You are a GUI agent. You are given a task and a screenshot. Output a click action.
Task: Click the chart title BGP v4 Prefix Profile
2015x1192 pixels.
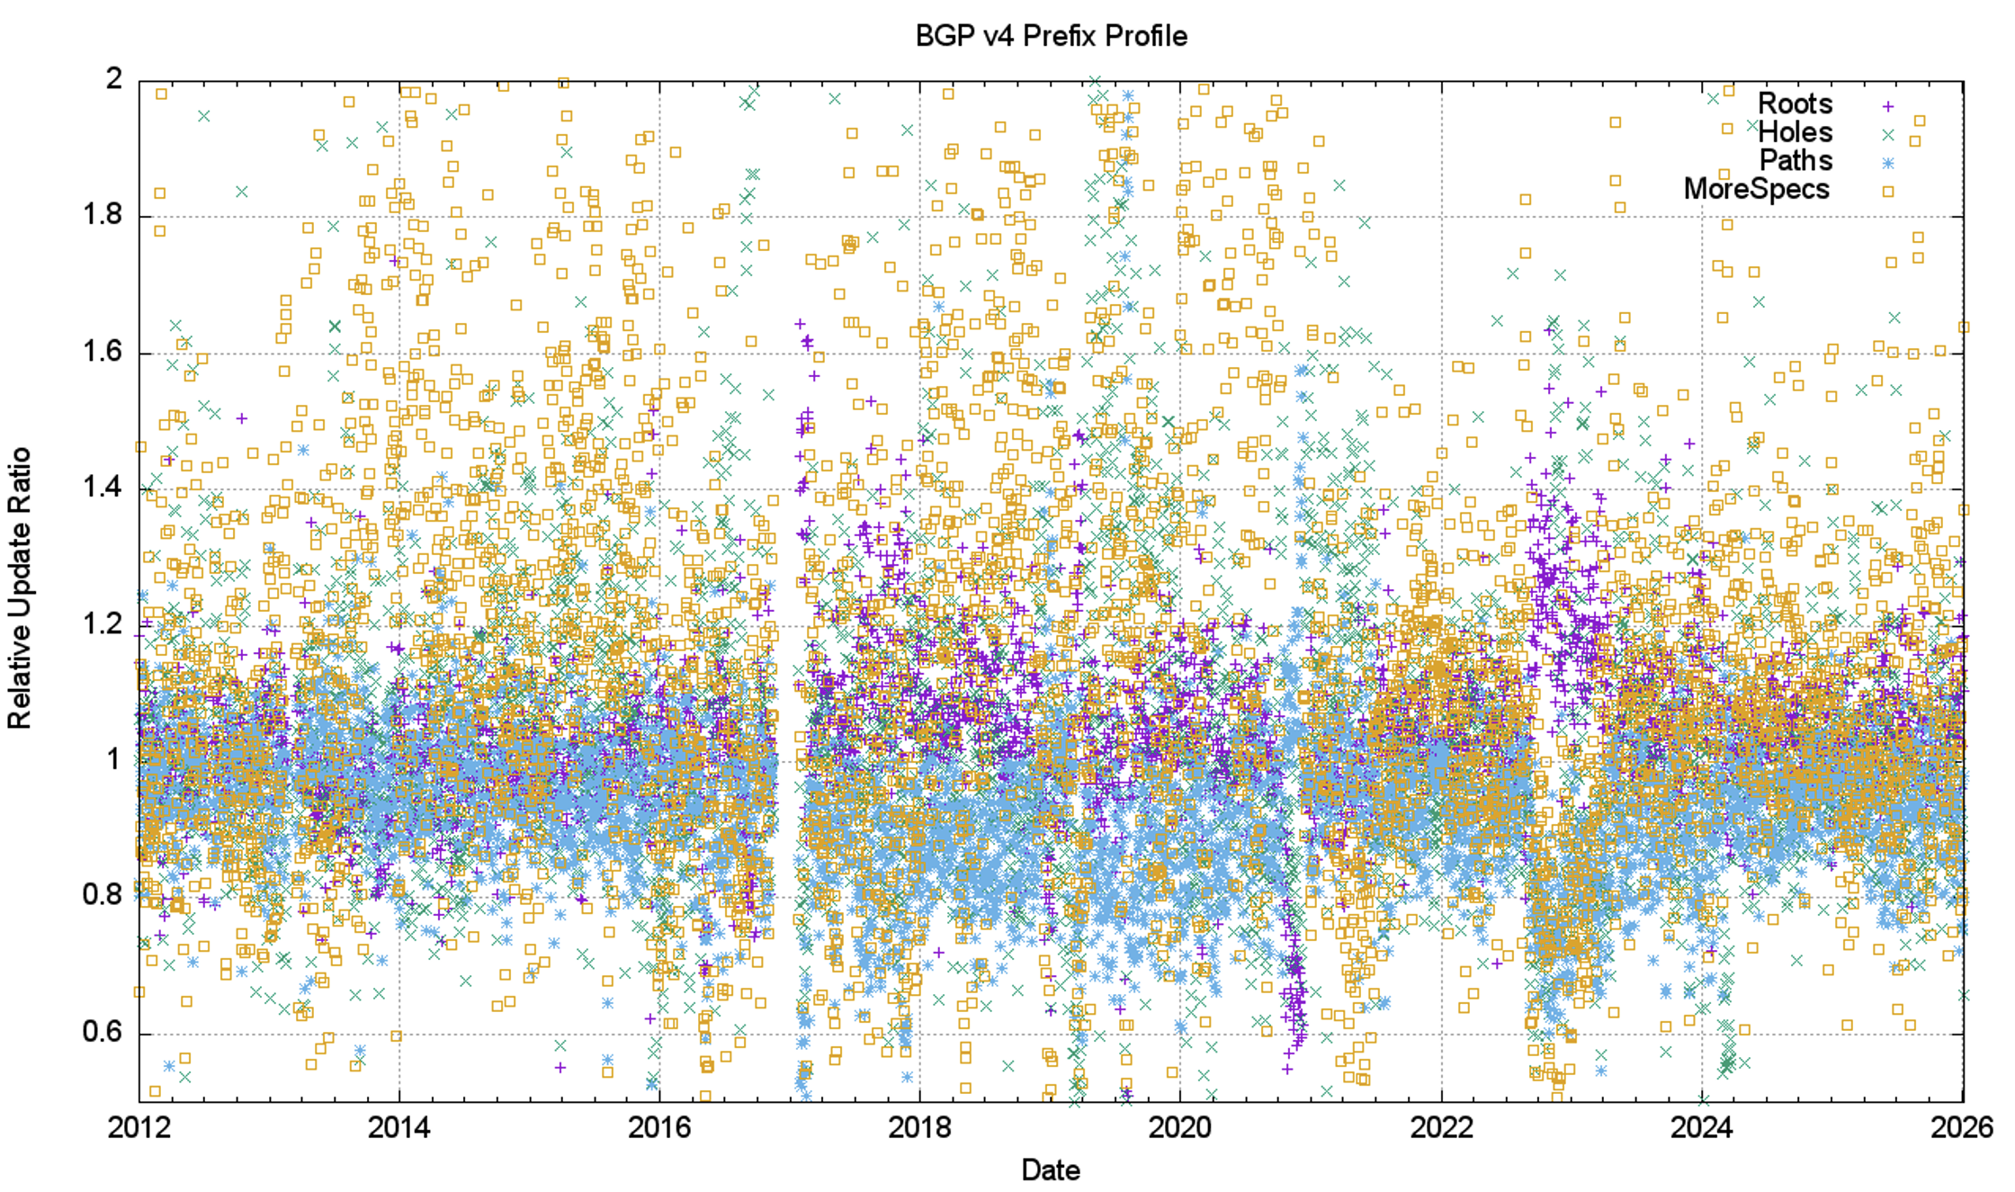(x=1051, y=36)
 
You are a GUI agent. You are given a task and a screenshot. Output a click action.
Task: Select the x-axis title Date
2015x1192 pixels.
(x=1051, y=1170)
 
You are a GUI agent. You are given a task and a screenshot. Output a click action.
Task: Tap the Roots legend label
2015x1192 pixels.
(x=1795, y=104)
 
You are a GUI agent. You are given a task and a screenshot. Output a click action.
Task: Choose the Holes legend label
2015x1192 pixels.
(x=1795, y=133)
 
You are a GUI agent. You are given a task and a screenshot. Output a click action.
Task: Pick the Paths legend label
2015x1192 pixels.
(x=1796, y=161)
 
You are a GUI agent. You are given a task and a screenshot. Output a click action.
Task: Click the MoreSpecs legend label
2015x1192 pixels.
(x=1756, y=190)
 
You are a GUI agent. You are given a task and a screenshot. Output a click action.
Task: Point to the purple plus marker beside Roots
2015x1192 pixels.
(x=1888, y=106)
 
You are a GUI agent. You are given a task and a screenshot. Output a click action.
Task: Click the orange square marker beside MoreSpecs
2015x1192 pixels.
(x=1888, y=192)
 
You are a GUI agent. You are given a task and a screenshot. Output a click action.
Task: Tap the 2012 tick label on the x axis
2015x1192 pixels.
(x=139, y=1127)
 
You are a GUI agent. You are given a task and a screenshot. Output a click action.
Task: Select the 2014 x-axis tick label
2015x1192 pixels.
(x=399, y=1127)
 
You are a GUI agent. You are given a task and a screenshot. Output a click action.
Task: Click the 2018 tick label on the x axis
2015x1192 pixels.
(x=919, y=1127)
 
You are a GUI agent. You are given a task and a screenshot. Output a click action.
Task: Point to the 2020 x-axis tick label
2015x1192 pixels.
(x=1179, y=1127)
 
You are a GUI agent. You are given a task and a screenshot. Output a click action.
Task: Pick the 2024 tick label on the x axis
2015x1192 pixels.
(x=1701, y=1127)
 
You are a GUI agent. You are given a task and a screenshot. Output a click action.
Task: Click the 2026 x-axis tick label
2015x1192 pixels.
(x=1961, y=1127)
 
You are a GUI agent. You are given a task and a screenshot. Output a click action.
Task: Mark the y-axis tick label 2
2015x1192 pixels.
(x=113, y=79)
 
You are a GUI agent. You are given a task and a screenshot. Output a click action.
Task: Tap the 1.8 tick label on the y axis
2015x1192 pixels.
(x=102, y=216)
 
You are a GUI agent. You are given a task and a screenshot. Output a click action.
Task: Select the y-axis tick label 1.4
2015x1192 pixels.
(x=102, y=488)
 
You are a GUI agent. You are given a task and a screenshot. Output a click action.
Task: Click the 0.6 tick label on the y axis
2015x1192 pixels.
(x=102, y=1032)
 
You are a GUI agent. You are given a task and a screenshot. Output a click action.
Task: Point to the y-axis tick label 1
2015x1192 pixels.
(x=113, y=760)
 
